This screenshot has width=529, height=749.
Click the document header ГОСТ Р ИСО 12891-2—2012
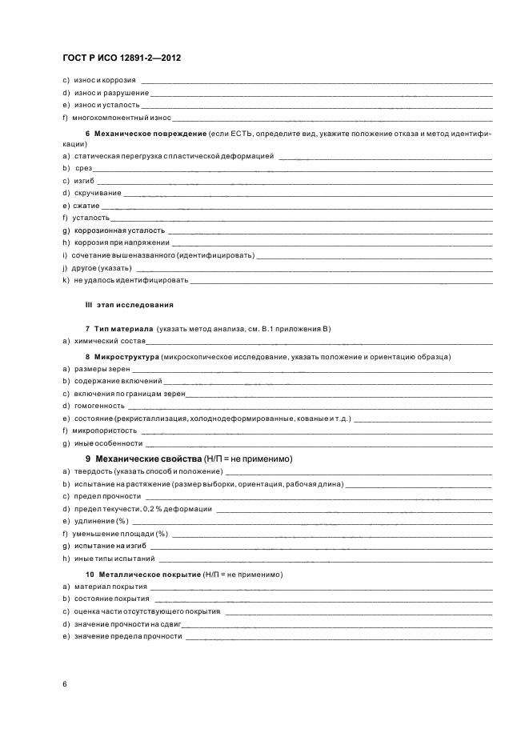(x=126, y=59)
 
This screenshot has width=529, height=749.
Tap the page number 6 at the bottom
(x=65, y=684)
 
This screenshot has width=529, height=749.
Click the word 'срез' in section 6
(x=84, y=169)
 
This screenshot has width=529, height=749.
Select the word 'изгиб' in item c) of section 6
(x=84, y=181)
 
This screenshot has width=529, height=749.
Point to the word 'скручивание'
(x=98, y=194)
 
